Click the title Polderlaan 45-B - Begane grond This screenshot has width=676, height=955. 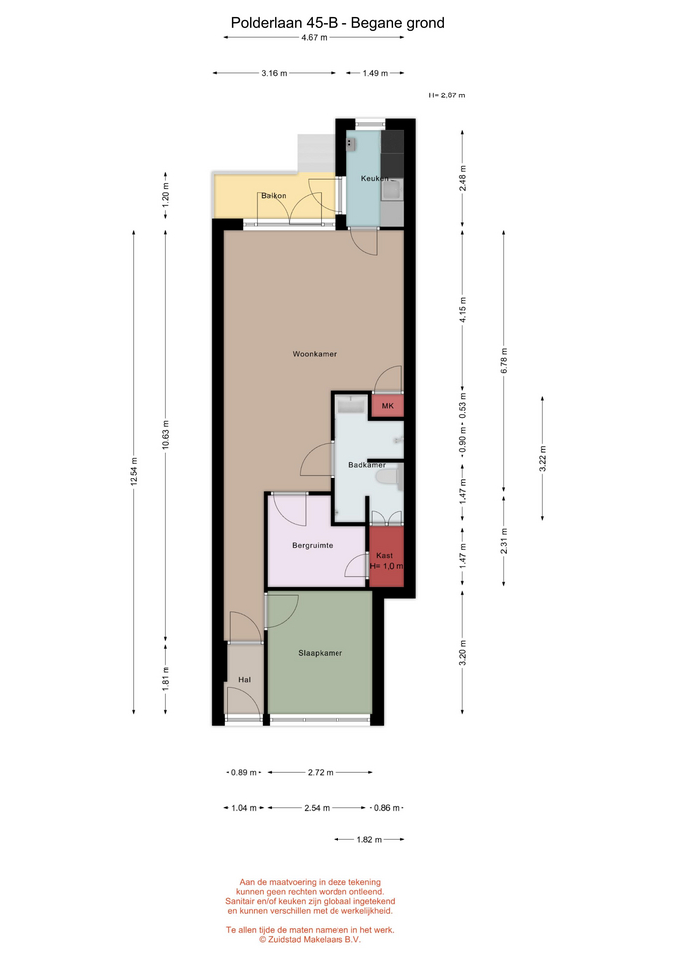[338, 23]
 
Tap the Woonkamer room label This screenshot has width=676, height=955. [314, 354]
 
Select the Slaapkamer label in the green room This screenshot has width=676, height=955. [320, 653]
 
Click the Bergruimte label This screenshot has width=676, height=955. [312, 546]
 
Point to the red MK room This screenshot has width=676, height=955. [387, 406]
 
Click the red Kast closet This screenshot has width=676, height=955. [387, 557]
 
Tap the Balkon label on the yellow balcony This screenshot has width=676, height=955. [274, 196]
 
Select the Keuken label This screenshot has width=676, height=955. [374, 178]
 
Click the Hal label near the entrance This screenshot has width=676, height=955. [245, 679]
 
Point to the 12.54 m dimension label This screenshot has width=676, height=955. [134, 472]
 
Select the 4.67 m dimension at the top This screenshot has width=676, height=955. [314, 37]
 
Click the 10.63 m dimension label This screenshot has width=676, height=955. [166, 435]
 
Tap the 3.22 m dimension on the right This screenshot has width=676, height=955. [542, 459]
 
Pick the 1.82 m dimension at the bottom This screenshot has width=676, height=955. [369, 840]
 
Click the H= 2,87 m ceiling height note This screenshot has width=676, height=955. [447, 95]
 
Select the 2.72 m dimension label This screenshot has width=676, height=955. [320, 772]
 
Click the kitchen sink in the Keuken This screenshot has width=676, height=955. [392, 190]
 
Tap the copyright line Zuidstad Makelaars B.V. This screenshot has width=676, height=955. [311, 939]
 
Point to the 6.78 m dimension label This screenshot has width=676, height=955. [504, 360]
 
